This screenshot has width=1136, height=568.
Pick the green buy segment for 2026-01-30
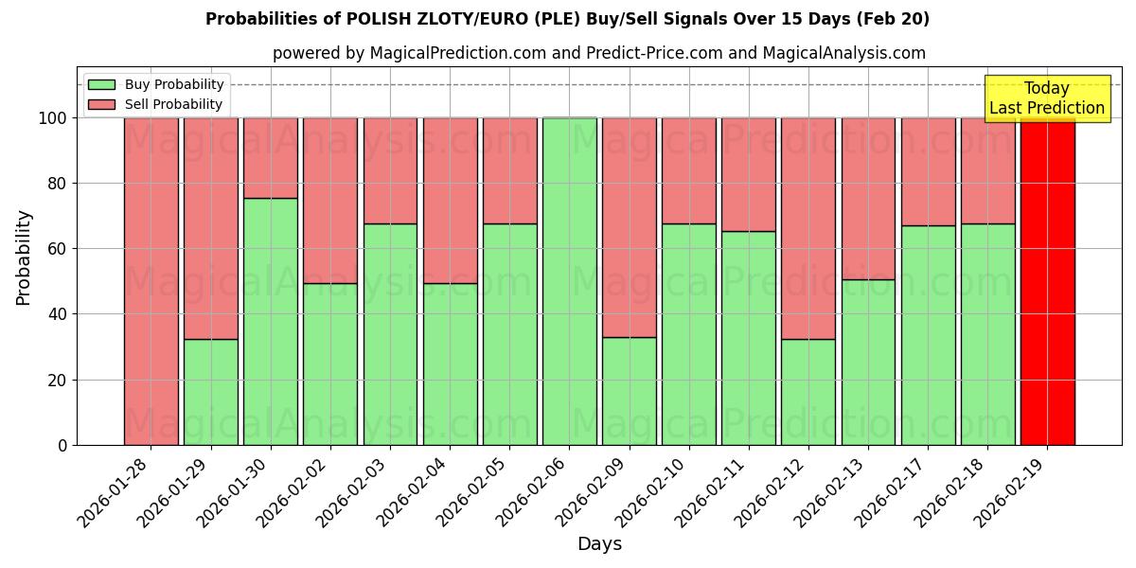[271, 321]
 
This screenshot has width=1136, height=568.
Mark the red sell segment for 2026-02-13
[868, 199]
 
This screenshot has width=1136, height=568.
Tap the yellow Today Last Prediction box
[1046, 98]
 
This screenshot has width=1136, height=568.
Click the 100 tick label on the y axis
[52, 118]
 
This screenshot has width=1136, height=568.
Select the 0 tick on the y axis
[62, 445]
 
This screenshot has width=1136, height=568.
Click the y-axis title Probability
[24, 257]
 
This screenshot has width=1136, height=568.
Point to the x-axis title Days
[599, 544]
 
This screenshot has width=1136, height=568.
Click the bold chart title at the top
[567, 19]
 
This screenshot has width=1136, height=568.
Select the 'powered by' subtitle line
[599, 53]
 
